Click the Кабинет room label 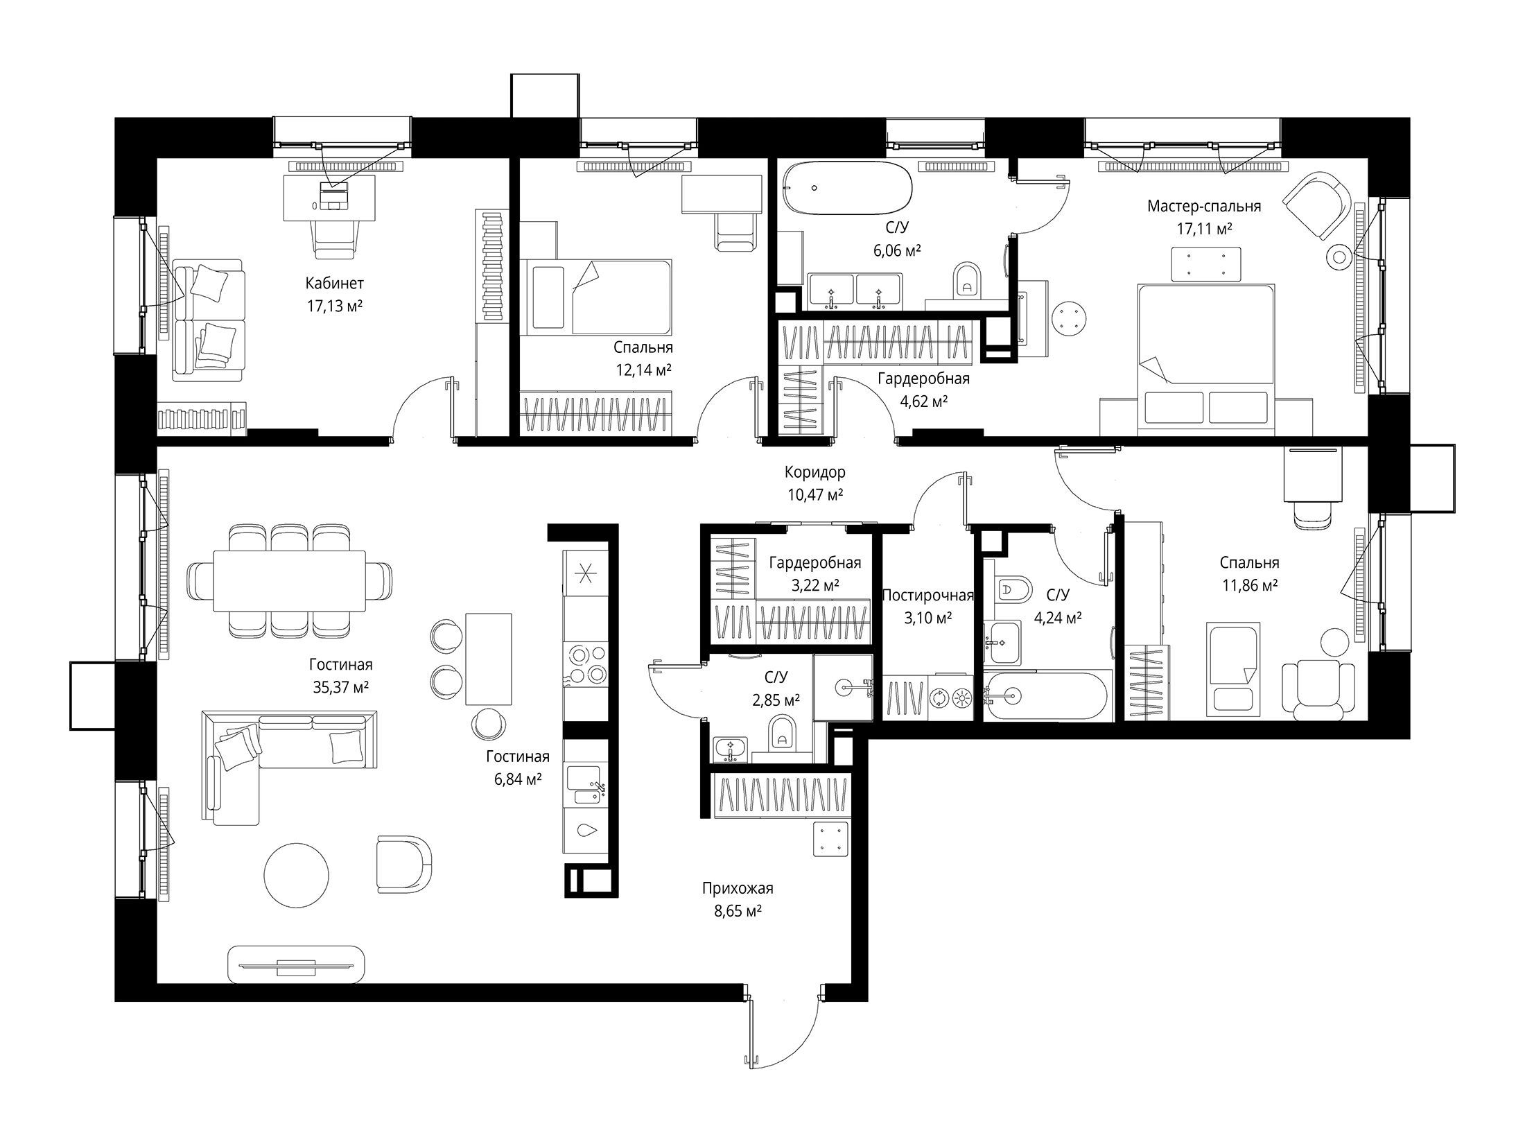(334, 284)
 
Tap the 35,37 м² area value (340, 687)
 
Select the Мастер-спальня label (1204, 206)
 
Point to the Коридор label (815, 473)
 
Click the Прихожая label (738, 888)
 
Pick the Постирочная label (928, 595)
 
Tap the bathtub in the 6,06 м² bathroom (846, 187)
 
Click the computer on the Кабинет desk (335, 195)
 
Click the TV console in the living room (297, 964)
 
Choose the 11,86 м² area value (1250, 585)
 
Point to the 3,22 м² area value (815, 585)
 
